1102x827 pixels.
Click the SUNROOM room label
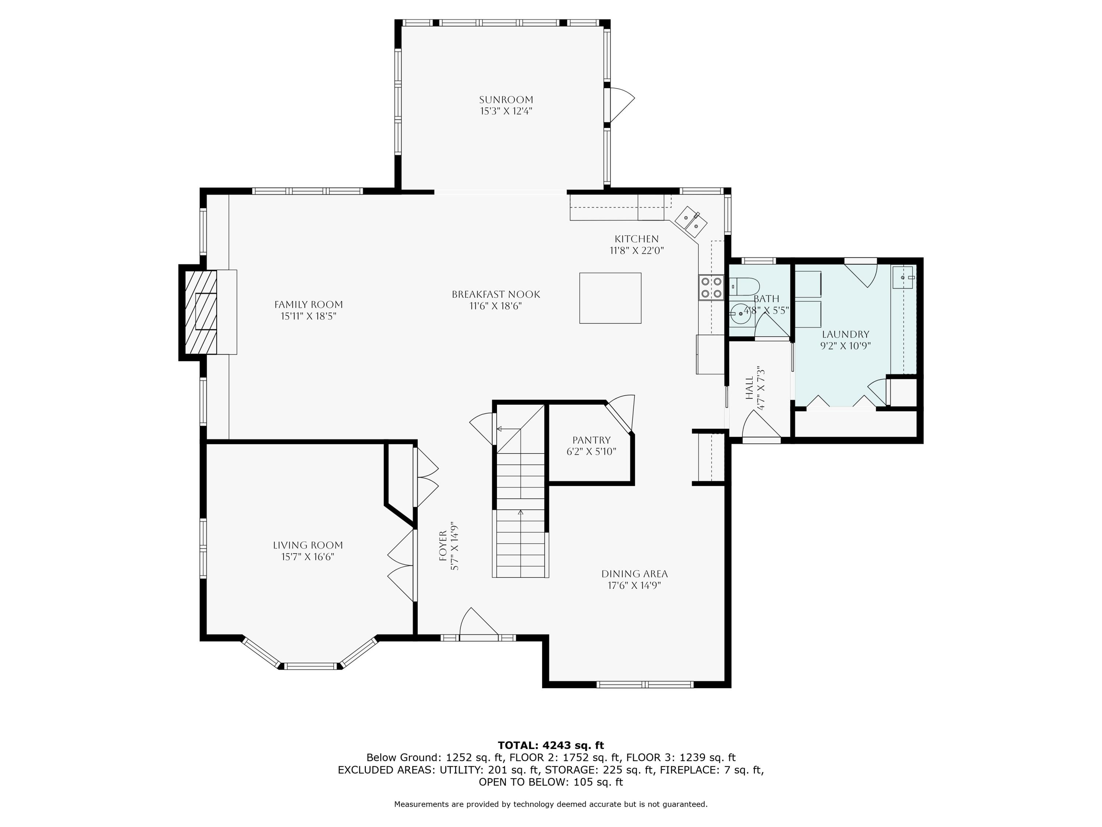click(506, 100)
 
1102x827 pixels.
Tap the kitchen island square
click(610, 298)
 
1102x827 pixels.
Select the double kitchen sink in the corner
click(691, 221)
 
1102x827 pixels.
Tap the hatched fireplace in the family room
click(201, 312)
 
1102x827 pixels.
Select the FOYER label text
click(443, 546)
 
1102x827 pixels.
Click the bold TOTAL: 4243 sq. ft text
click(551, 745)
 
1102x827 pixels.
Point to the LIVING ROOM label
click(307, 545)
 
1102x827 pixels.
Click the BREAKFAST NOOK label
click(495, 295)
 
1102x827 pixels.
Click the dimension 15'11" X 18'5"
click(309, 316)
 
